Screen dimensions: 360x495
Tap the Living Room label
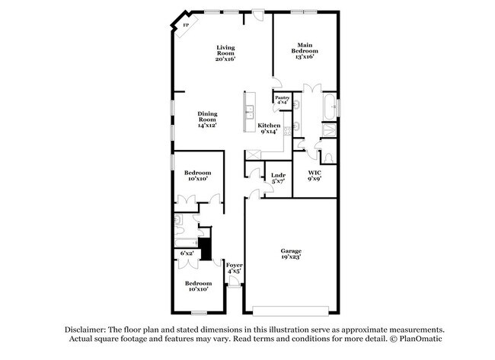[x=225, y=52]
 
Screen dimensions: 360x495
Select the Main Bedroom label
[x=305, y=50]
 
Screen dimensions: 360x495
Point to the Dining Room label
[x=208, y=119]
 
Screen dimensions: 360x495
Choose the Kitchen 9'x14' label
[x=269, y=129]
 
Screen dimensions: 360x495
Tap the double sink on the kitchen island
[x=248, y=115]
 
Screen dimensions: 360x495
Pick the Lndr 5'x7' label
[x=278, y=179]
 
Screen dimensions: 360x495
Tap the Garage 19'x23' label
[x=290, y=254]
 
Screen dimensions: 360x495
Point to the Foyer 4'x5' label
[x=235, y=268]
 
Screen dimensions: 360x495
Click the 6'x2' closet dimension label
[x=187, y=253]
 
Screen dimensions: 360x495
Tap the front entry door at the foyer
[x=235, y=284]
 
